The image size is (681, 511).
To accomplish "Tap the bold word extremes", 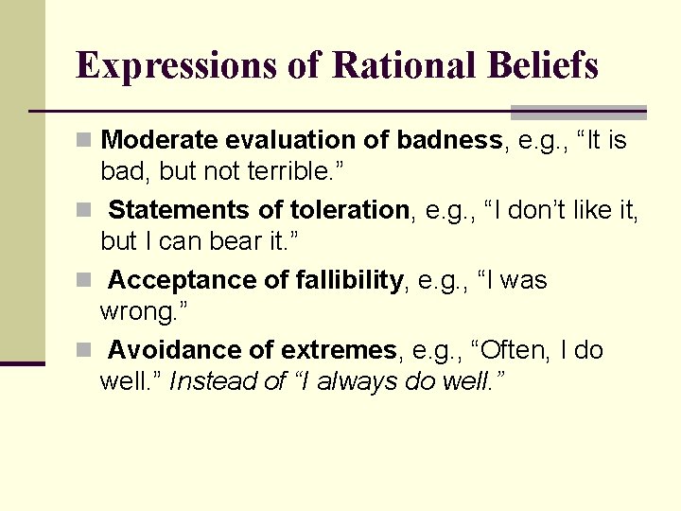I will [338, 350].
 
